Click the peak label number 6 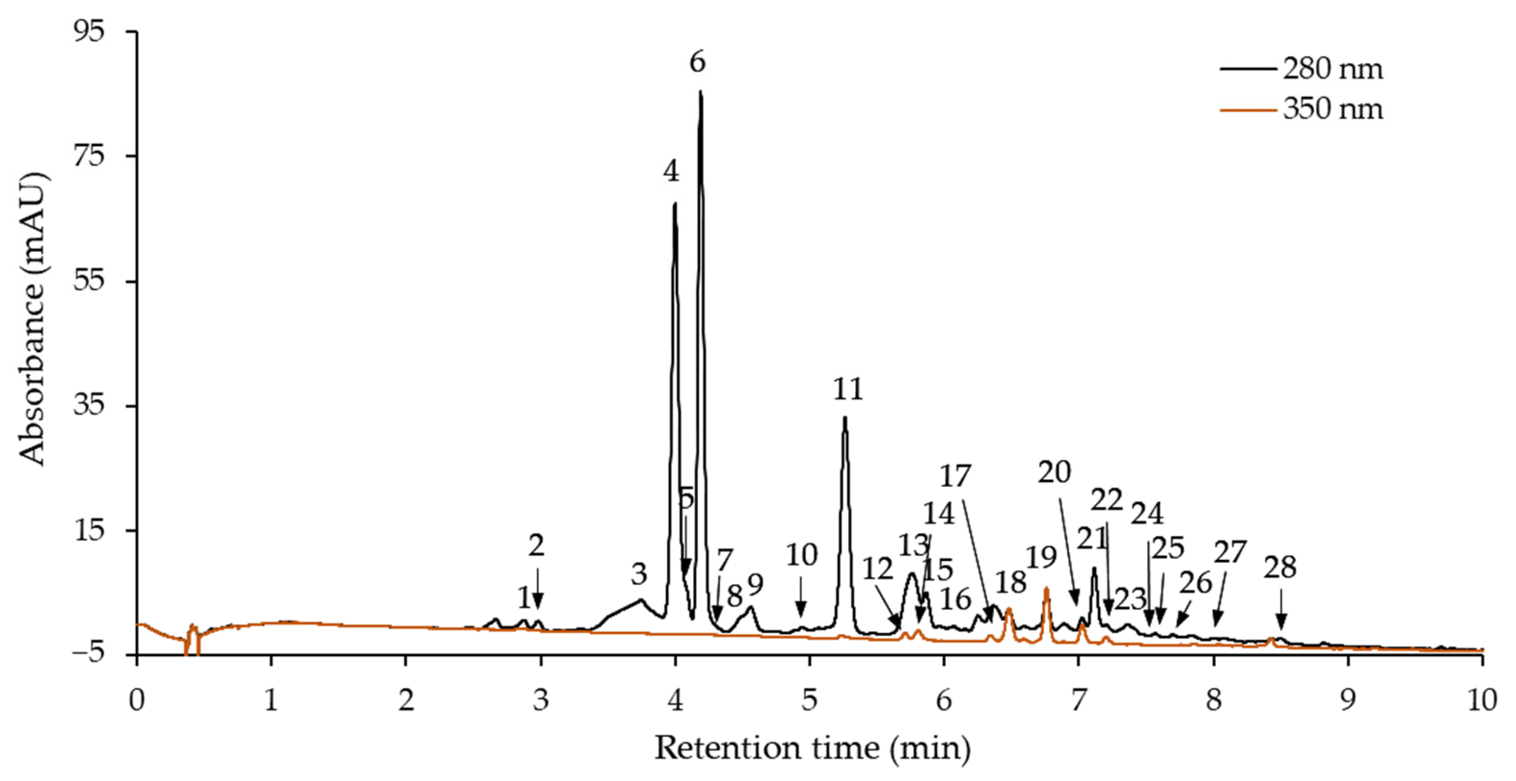[697, 62]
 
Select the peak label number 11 [848, 389]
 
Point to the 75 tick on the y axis [88, 157]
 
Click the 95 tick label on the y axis [88, 31]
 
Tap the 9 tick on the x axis [1347, 701]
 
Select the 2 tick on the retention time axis [405, 701]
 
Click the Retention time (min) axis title [812, 749]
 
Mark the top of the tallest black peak [700, 91]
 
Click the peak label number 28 [1280, 568]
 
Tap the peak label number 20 [1054, 472]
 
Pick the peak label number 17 [954, 476]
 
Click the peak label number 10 [802, 555]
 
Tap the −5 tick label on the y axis [88, 655]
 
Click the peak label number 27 [1230, 552]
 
